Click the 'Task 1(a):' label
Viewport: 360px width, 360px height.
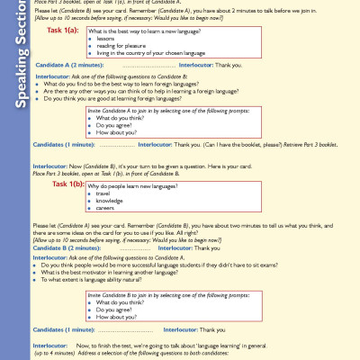click(62, 30)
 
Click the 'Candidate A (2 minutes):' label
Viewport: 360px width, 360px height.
click(67, 66)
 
